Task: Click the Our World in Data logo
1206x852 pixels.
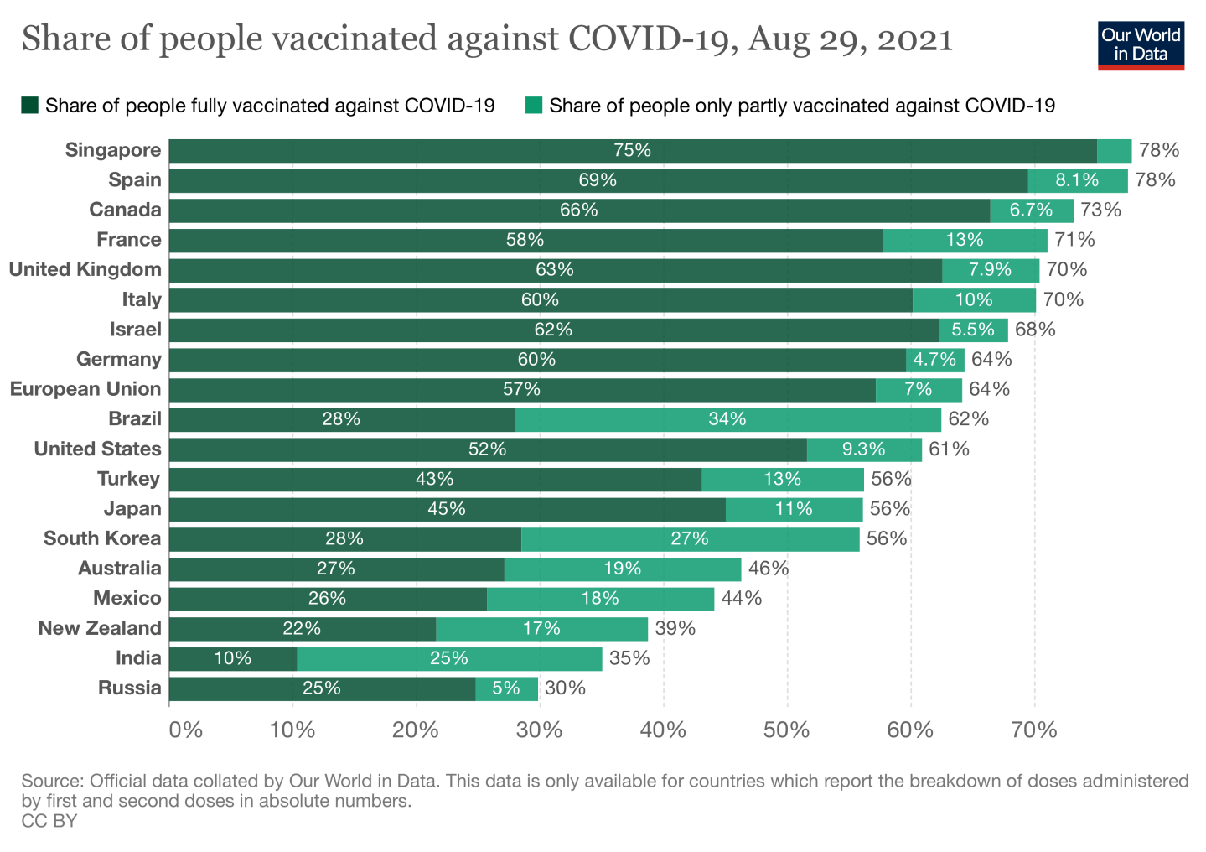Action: (1141, 45)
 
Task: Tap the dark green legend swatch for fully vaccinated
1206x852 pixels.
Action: (30, 105)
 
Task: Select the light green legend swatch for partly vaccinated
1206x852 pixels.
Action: (534, 105)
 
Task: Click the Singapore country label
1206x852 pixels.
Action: (113, 150)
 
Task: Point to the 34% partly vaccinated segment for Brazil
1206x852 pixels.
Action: (727, 419)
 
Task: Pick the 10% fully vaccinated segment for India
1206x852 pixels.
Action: (232, 658)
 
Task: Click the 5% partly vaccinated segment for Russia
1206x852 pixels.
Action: (506, 688)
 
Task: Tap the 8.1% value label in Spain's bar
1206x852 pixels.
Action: (1077, 180)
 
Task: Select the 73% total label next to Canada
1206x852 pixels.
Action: (1100, 210)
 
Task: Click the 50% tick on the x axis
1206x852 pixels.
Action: (787, 730)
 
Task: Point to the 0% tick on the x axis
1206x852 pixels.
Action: (185, 730)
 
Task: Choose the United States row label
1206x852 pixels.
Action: (97, 449)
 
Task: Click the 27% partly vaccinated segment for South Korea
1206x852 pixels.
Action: (690, 539)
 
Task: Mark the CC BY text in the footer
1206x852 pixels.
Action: (49, 821)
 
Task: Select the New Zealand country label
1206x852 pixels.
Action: (100, 628)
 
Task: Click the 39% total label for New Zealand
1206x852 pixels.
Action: (675, 628)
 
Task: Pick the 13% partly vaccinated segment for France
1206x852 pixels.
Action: (965, 240)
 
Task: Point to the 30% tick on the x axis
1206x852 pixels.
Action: (540, 730)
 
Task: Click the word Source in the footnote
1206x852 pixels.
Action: (51, 781)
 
